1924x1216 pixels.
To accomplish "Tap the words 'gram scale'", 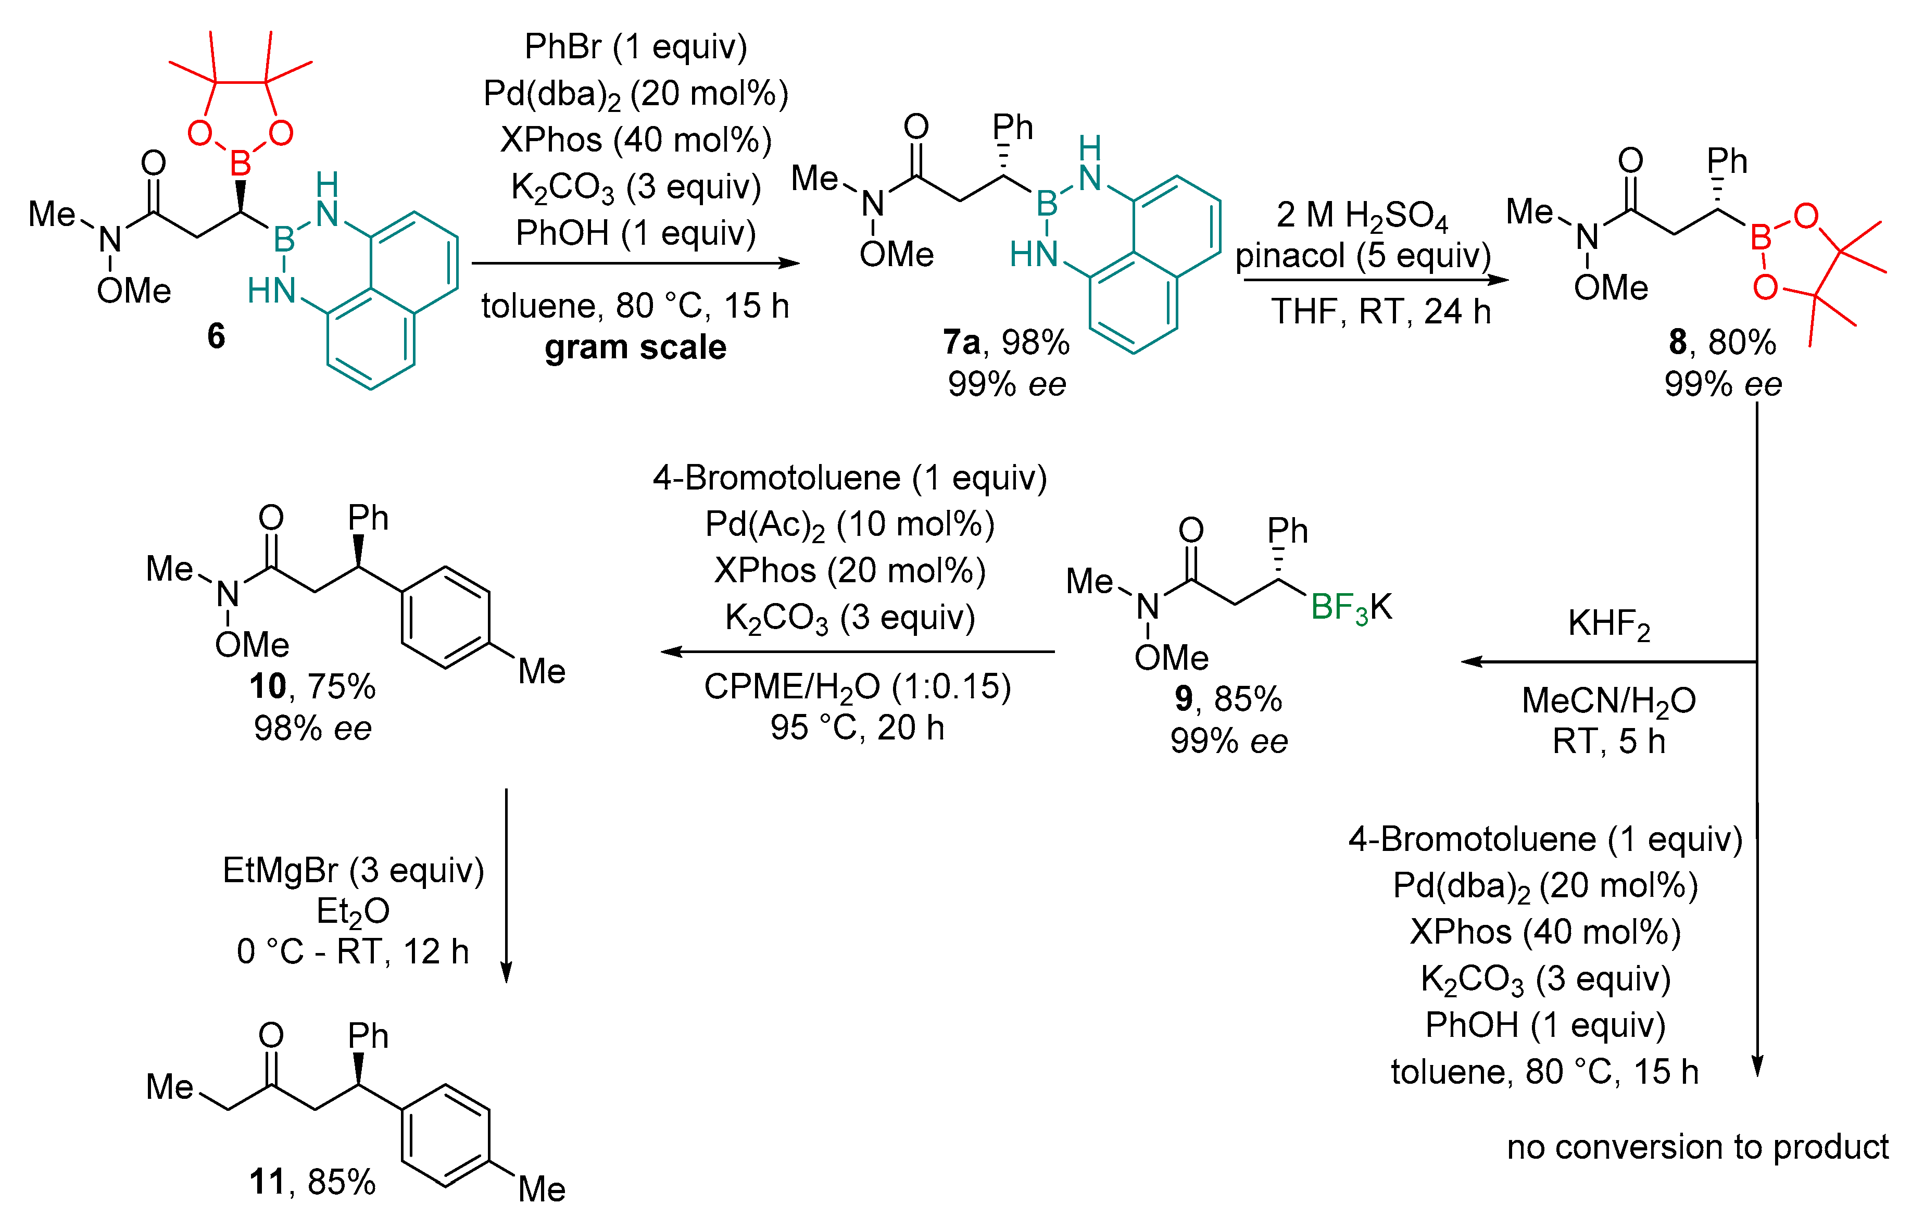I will click(635, 347).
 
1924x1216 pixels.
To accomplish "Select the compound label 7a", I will click(961, 342).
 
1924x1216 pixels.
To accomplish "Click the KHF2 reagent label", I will click(1608, 623).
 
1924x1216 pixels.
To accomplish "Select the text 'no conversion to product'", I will click(1697, 1147).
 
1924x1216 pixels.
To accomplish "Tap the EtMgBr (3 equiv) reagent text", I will click(353, 870).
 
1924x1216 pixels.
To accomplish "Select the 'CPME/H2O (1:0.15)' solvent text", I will click(857, 686).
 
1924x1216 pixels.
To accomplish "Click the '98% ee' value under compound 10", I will click(312, 728).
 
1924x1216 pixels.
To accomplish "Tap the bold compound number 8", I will click(1678, 342).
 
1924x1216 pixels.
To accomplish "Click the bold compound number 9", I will click(1184, 699).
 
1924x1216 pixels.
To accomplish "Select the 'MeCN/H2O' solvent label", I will click(1608, 700).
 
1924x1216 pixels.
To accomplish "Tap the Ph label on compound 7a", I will click(1012, 127).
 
